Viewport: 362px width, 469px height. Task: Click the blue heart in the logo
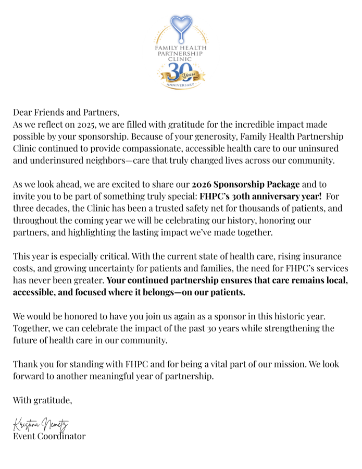coord(181,24)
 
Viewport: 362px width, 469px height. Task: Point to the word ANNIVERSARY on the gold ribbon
coord(180,84)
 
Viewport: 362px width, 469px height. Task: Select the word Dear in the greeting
coord(23,113)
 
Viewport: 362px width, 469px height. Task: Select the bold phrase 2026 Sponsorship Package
coord(246,184)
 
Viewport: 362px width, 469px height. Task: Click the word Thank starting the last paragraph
coord(25,365)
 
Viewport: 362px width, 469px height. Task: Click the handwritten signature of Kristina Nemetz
coord(41,425)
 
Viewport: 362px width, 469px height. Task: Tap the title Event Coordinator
coord(49,437)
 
